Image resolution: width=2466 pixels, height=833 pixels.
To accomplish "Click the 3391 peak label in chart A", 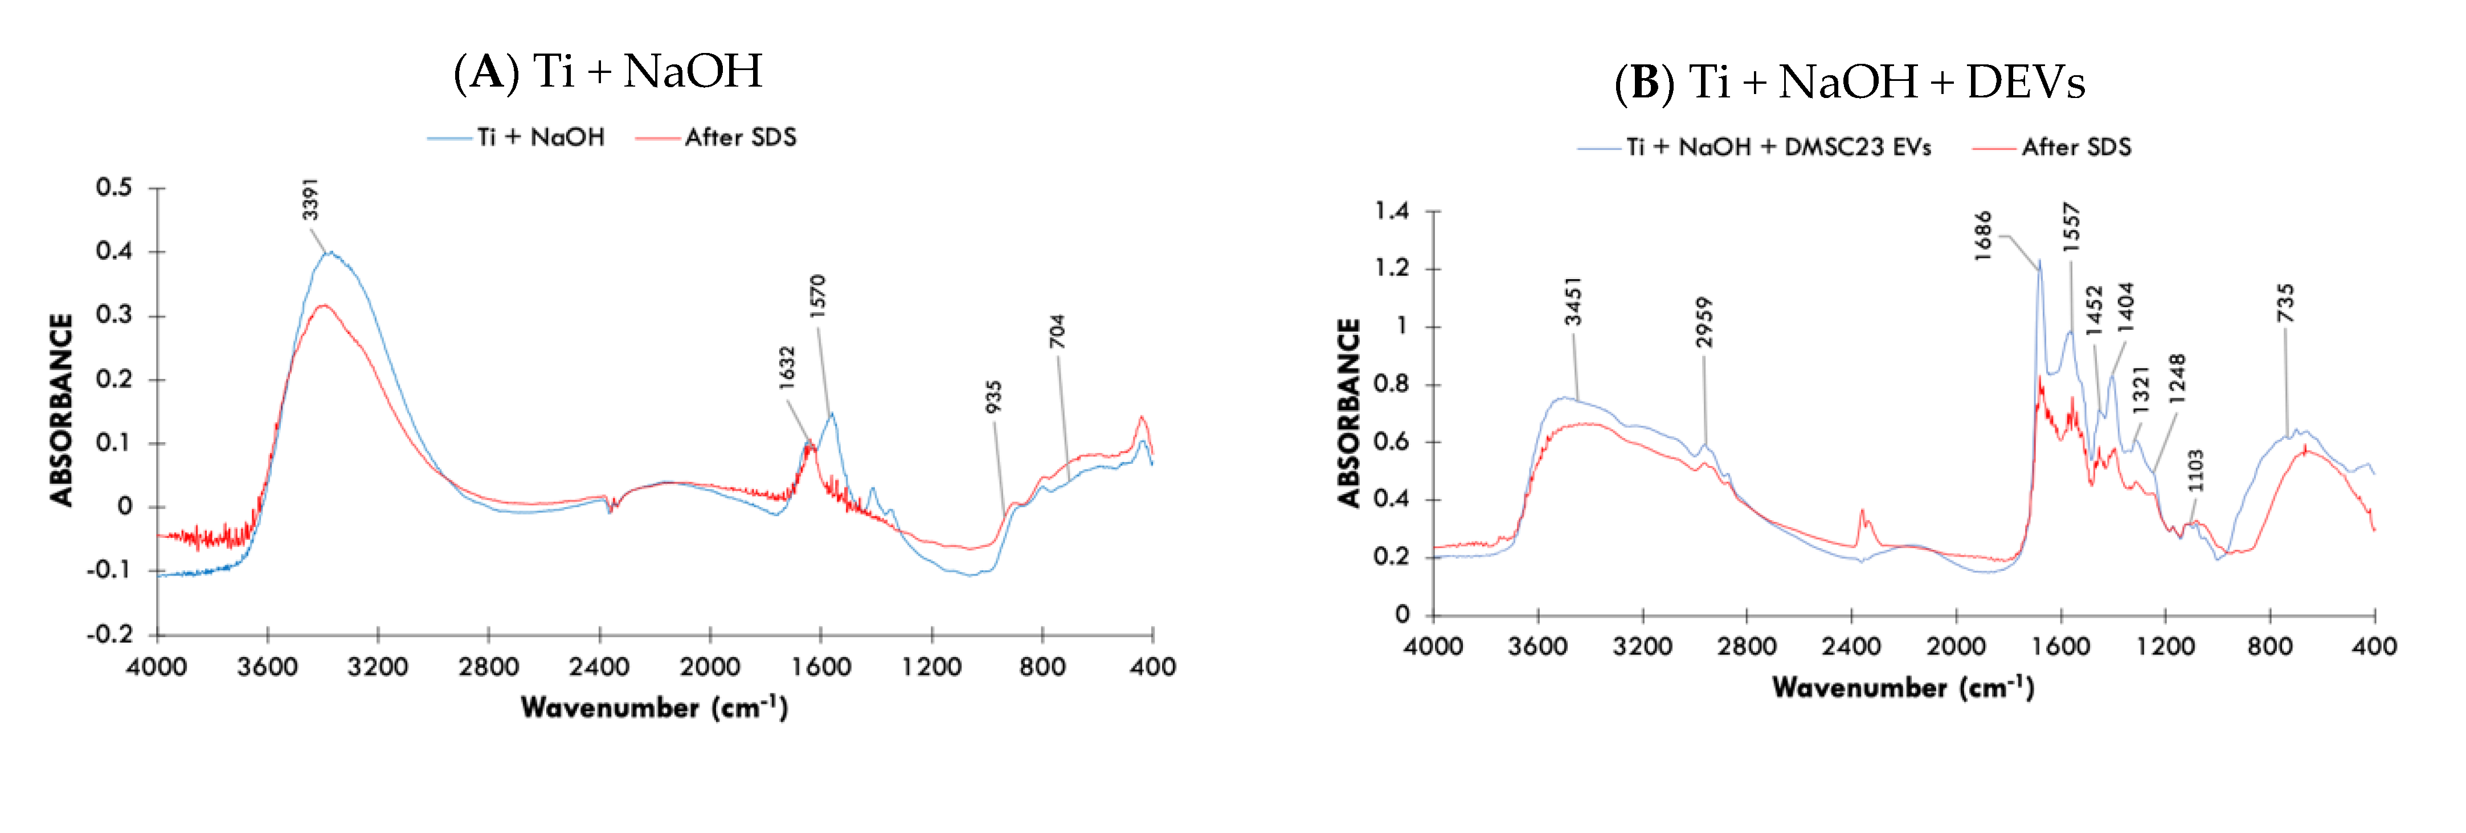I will (310, 199).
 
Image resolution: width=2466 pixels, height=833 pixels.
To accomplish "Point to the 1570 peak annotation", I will (816, 296).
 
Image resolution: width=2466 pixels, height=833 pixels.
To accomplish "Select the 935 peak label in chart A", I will (993, 397).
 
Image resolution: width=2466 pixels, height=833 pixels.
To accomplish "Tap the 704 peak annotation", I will (1057, 331).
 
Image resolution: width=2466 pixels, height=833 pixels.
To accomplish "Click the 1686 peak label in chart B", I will (1982, 235).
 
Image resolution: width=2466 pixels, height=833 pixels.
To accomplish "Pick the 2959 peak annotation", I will (1704, 322).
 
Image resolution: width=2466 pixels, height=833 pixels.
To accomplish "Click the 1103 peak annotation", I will (2196, 470).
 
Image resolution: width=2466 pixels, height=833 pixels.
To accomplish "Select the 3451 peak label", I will (1573, 301).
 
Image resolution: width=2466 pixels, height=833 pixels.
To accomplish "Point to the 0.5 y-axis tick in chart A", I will (114, 187).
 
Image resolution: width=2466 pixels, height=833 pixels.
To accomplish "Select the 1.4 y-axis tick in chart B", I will (1392, 211).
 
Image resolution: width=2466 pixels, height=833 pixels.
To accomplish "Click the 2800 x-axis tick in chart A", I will (488, 667).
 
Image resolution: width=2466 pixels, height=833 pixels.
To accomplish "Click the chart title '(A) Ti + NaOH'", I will (608, 72).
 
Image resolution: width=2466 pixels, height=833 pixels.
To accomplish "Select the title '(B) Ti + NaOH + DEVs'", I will (1850, 83).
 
